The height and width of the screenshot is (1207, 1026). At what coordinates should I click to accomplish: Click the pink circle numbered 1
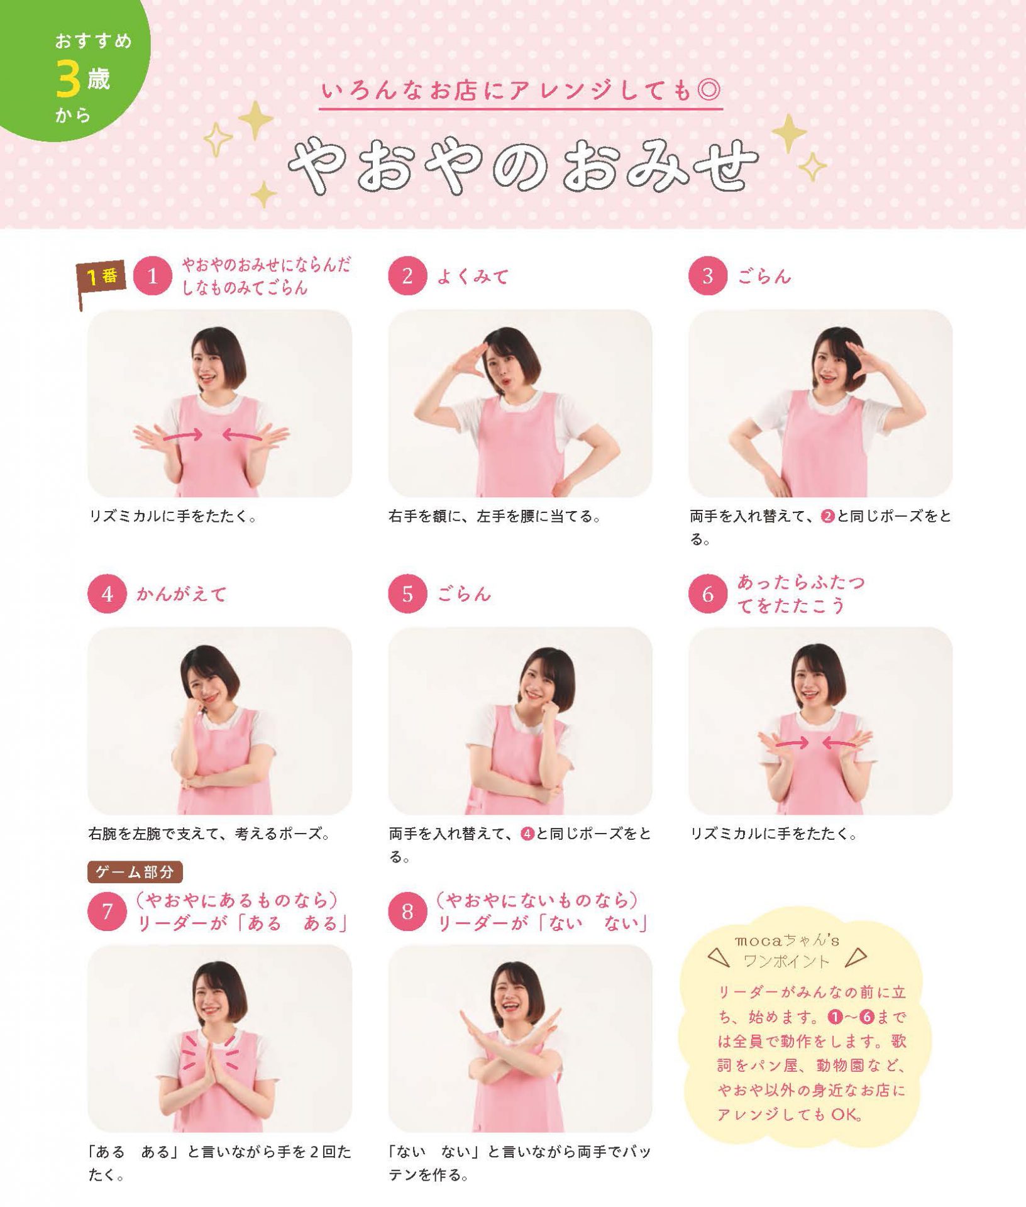point(152,275)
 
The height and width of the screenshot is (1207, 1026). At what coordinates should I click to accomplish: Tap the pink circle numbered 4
point(107,593)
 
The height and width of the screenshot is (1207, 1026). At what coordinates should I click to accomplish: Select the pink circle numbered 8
point(407,911)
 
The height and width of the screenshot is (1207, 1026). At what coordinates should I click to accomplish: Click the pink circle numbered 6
point(708,593)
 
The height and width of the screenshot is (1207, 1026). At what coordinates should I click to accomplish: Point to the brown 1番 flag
point(101,280)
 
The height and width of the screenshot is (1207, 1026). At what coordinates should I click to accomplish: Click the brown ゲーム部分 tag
point(135,871)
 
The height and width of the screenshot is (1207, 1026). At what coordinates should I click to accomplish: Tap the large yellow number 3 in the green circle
point(68,80)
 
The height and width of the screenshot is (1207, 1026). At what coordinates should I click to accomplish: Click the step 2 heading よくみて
point(472,276)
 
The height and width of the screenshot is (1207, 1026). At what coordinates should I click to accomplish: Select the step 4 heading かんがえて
point(181,594)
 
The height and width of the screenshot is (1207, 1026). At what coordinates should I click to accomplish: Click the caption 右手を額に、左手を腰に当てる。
point(495,516)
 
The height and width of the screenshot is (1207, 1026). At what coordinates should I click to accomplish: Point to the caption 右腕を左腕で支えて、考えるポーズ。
point(209,834)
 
